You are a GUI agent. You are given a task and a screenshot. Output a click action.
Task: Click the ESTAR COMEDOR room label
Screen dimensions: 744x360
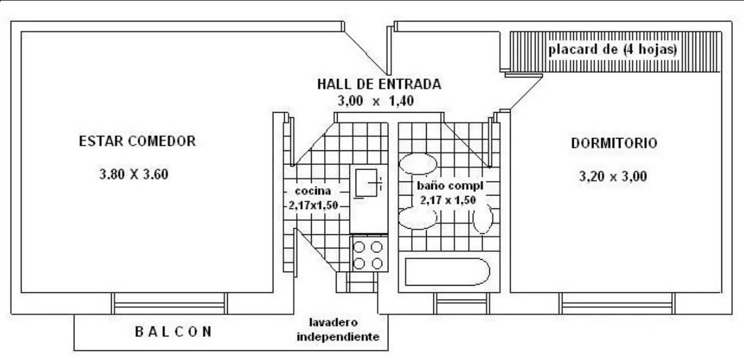[x=137, y=141]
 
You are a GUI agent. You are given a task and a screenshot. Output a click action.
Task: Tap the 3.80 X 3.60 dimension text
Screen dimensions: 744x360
[x=134, y=174]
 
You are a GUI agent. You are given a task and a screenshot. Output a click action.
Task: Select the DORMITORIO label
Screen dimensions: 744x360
[x=614, y=143]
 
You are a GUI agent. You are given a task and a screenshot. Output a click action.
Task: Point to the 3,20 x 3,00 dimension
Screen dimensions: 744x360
[x=613, y=176]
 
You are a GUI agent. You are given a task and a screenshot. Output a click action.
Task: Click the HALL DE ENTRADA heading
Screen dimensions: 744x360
[x=379, y=84]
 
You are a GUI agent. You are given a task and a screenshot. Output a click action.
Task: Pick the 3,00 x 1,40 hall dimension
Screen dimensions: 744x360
[x=376, y=101]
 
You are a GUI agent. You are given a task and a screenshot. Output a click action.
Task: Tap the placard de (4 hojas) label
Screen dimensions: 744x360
[x=613, y=49]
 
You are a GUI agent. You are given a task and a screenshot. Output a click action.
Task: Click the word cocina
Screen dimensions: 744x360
[x=313, y=191]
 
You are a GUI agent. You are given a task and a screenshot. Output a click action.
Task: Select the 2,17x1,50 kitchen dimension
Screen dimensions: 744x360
[x=313, y=205]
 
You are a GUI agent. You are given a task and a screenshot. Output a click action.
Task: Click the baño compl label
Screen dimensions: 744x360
[x=450, y=186]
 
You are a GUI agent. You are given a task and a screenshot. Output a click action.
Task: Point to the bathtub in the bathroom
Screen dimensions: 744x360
[x=447, y=272]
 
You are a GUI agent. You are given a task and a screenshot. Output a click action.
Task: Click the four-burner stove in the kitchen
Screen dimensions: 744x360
[x=369, y=254]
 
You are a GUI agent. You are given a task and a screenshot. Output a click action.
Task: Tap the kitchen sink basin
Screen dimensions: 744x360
[x=366, y=183]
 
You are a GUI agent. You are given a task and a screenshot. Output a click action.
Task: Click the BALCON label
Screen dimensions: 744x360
[x=173, y=332]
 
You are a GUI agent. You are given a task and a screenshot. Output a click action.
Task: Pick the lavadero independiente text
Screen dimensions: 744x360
[x=338, y=330]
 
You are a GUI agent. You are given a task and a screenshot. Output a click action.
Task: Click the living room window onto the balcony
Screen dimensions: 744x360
[x=169, y=304]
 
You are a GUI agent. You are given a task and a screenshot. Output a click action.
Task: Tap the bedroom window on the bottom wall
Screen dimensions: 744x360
[x=617, y=304]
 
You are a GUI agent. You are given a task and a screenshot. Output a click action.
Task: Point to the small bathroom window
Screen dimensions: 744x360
[x=462, y=304]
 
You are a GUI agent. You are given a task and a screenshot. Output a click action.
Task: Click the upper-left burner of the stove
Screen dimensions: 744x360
[x=359, y=247]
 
